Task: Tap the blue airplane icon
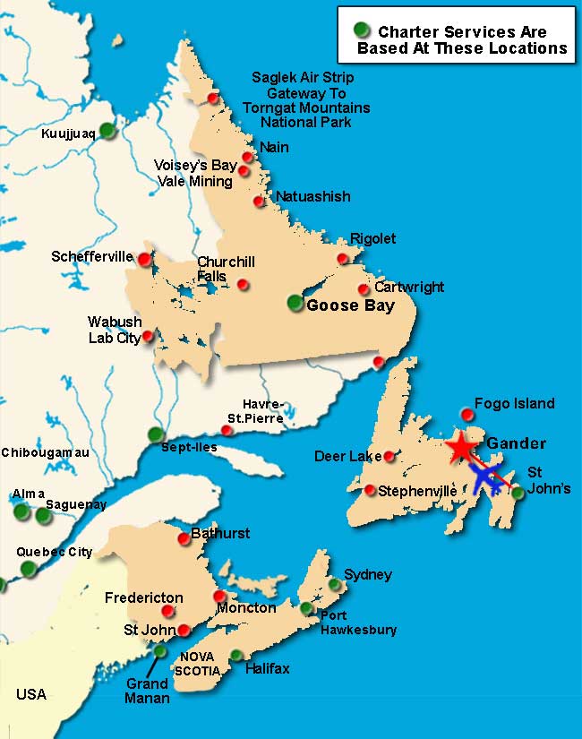click(x=485, y=479)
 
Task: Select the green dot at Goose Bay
click(x=295, y=303)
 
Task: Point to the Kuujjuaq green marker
click(x=107, y=130)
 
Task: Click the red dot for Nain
click(x=248, y=157)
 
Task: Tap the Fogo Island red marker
click(x=466, y=413)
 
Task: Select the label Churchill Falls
click(x=226, y=269)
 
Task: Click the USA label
click(x=30, y=694)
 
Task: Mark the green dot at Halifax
click(x=236, y=656)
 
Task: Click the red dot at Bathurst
click(x=184, y=538)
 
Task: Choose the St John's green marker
click(x=518, y=492)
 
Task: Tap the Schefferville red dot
click(x=143, y=259)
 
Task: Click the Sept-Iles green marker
click(x=156, y=435)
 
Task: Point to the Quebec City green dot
click(x=29, y=568)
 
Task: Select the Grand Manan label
click(x=147, y=691)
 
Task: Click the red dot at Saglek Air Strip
click(x=212, y=98)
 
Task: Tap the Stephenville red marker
click(x=370, y=490)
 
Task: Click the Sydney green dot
click(x=334, y=585)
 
